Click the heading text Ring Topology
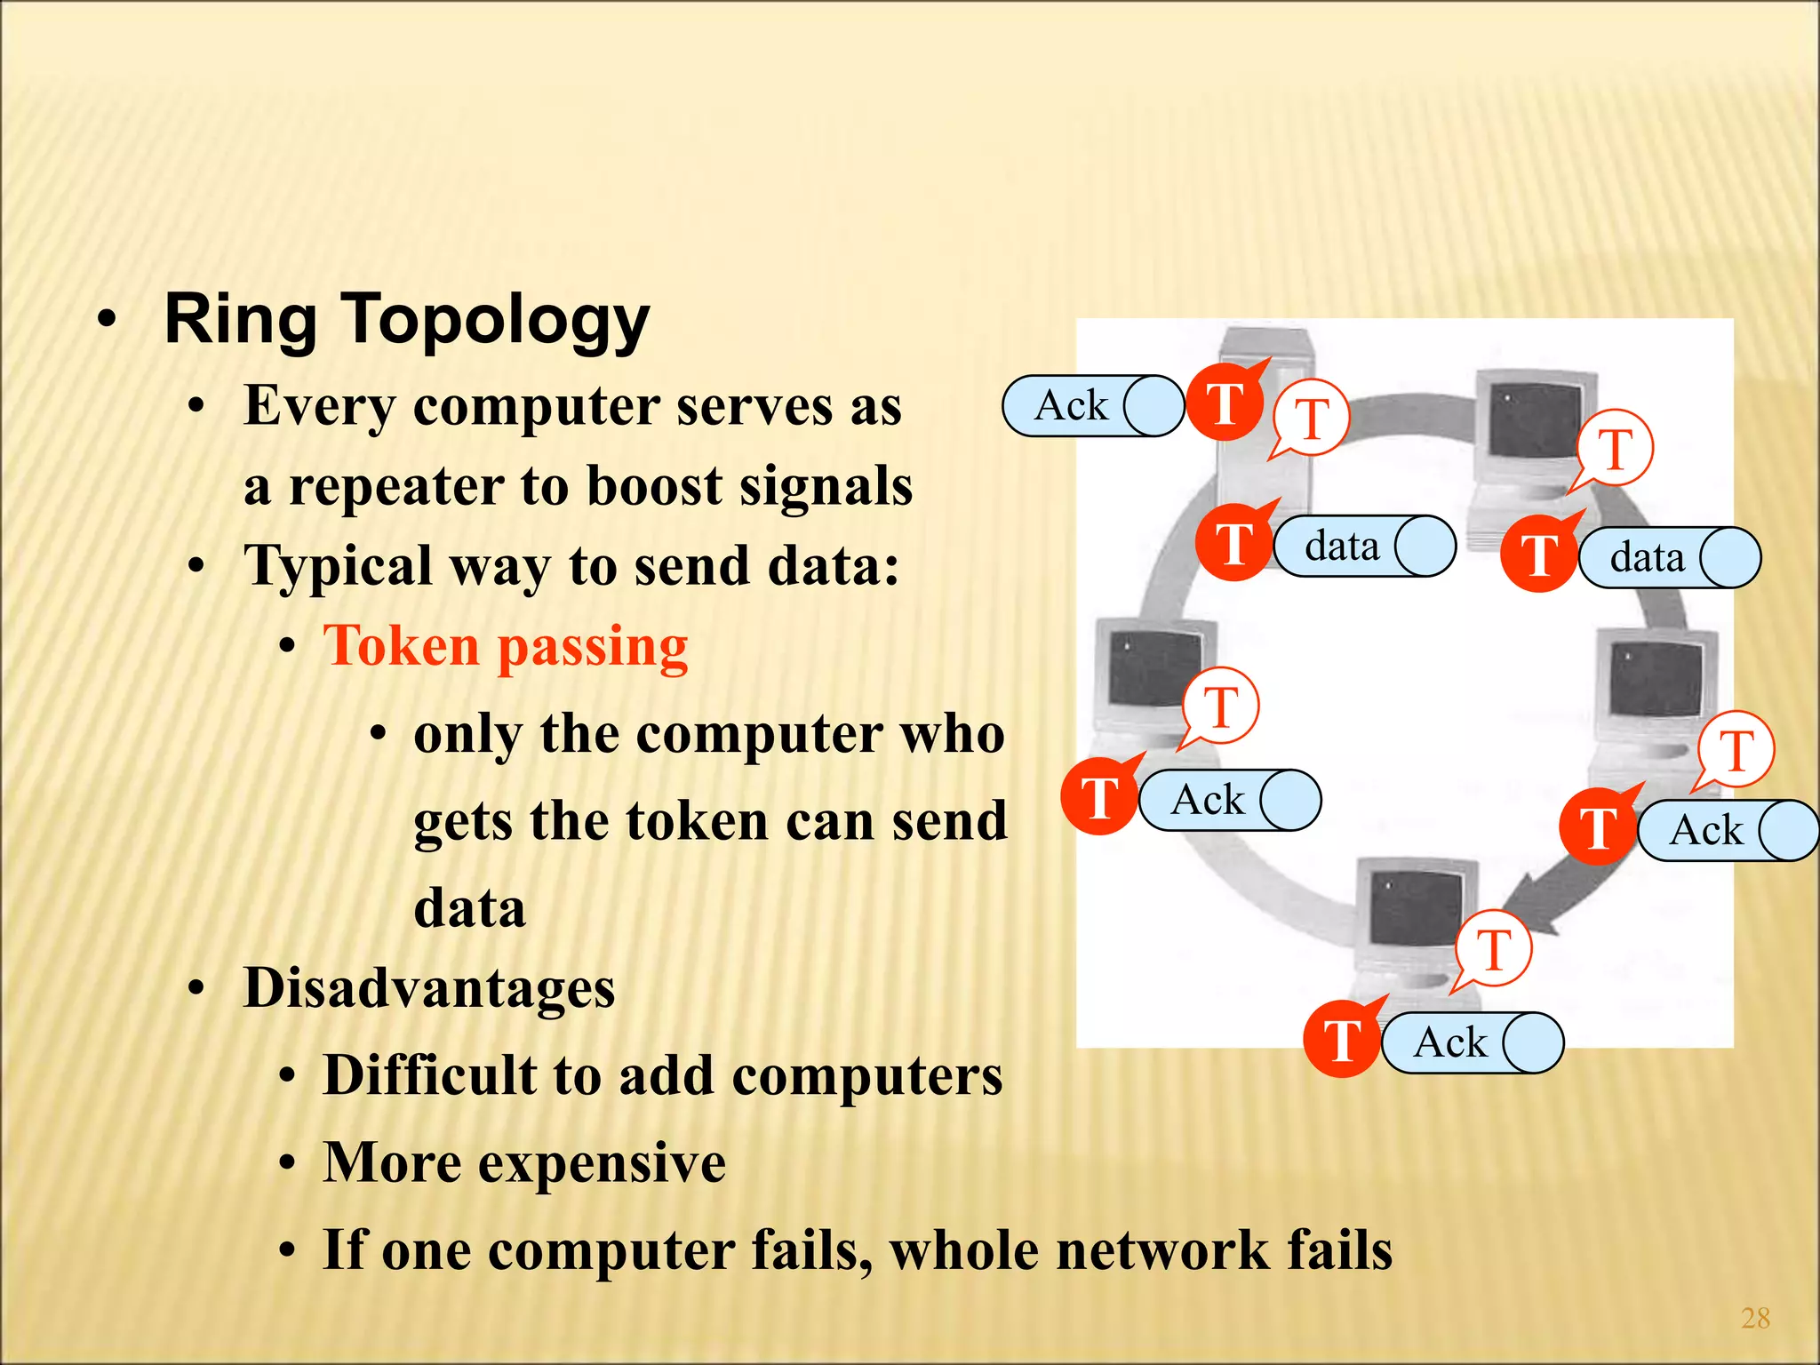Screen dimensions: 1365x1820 (407, 320)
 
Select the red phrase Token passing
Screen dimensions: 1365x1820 (506, 646)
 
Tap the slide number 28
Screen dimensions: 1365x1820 (1755, 1318)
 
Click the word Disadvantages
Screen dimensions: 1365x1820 (429, 988)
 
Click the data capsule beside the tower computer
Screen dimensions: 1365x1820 (1363, 546)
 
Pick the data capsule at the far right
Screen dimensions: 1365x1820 (1668, 558)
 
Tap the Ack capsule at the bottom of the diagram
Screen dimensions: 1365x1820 (1471, 1042)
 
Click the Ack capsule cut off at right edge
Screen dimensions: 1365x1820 (1726, 831)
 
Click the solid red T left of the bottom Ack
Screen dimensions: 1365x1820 (1342, 1040)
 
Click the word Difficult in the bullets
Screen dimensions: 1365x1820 (429, 1075)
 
